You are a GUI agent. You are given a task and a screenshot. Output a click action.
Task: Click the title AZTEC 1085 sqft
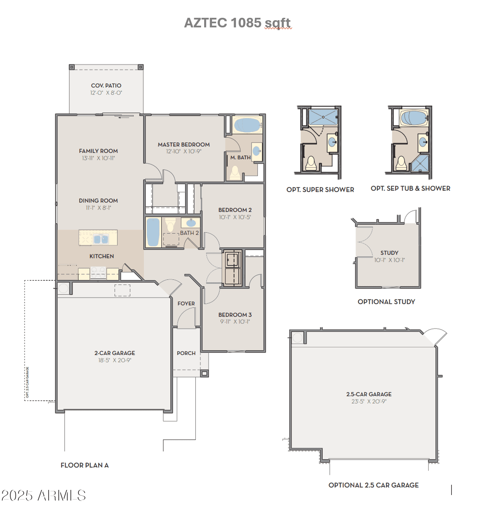(237, 23)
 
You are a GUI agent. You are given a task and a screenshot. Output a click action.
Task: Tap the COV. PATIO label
(106, 86)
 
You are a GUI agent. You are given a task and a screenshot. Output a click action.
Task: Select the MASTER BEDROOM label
(184, 144)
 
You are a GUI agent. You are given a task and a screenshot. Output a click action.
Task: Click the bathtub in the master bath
(247, 125)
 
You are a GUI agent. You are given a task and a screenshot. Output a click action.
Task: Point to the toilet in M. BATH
(235, 173)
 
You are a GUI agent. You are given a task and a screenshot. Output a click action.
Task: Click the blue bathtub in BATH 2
(153, 232)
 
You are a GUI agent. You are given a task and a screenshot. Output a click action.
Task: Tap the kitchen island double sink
(101, 239)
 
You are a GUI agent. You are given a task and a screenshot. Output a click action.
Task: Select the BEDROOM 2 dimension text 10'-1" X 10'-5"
(235, 217)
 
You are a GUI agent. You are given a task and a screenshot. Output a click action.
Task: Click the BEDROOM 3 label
(235, 315)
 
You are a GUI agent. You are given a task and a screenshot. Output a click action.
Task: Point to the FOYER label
(186, 303)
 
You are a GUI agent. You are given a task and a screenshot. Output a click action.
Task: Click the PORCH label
(186, 353)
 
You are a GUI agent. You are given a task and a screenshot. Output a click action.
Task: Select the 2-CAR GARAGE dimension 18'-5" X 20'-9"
(115, 360)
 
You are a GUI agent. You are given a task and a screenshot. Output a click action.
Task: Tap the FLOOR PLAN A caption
(85, 465)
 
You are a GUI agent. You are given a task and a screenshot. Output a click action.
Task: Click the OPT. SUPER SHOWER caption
(320, 190)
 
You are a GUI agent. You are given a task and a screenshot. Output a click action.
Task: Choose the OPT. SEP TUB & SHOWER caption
(410, 188)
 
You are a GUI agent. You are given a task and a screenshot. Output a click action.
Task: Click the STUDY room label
(389, 253)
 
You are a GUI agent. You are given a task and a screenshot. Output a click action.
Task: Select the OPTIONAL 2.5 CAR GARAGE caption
(373, 485)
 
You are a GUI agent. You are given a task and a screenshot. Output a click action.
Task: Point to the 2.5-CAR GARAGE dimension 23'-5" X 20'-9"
(369, 401)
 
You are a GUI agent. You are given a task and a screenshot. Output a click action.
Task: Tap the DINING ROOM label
(98, 201)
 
